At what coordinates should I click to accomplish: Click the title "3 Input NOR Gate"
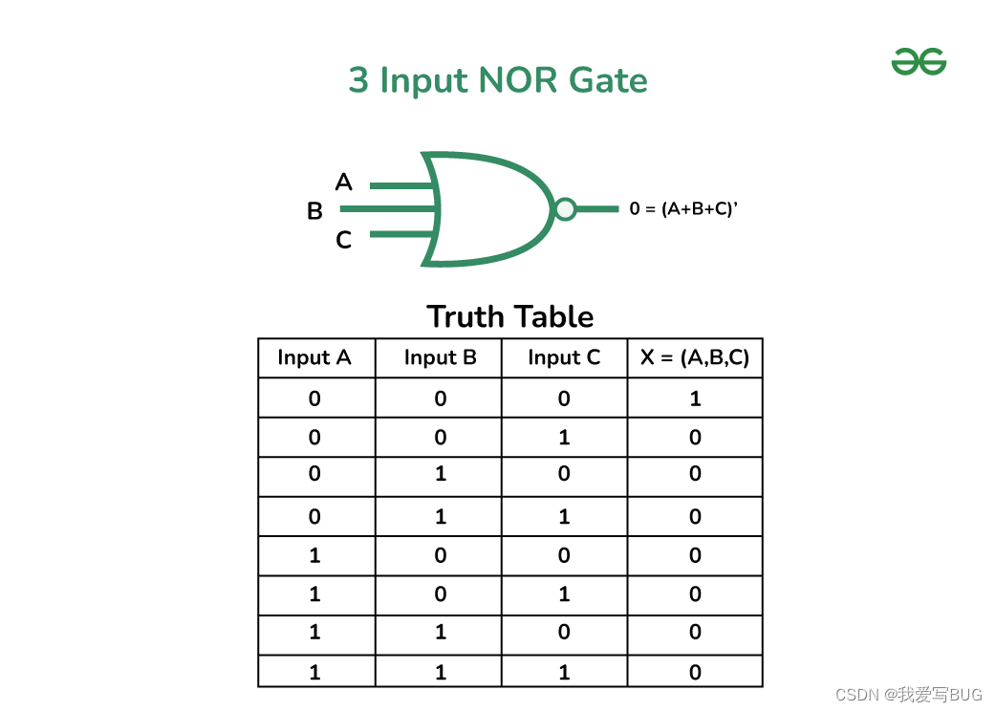point(498,80)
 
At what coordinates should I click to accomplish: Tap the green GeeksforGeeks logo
point(919,62)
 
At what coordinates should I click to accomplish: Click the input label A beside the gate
point(344,182)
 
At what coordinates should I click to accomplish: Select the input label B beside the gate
point(314,211)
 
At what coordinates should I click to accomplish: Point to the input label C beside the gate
point(344,241)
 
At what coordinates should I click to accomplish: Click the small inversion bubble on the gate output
point(566,208)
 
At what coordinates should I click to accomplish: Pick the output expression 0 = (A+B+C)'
point(683,208)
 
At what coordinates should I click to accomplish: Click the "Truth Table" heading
point(510,316)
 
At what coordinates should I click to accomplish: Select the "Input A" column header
point(314,357)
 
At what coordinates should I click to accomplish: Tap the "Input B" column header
point(440,357)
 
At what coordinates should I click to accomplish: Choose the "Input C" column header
point(564,357)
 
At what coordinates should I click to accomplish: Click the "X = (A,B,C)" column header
point(695,357)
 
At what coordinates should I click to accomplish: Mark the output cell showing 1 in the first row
point(695,399)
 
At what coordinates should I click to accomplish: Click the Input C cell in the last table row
point(564,672)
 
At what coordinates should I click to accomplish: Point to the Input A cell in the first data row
point(314,399)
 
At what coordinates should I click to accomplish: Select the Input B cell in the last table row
point(440,672)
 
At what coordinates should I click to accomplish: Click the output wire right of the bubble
point(597,208)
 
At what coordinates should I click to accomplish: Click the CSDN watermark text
point(908,695)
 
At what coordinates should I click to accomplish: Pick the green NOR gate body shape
point(487,208)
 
